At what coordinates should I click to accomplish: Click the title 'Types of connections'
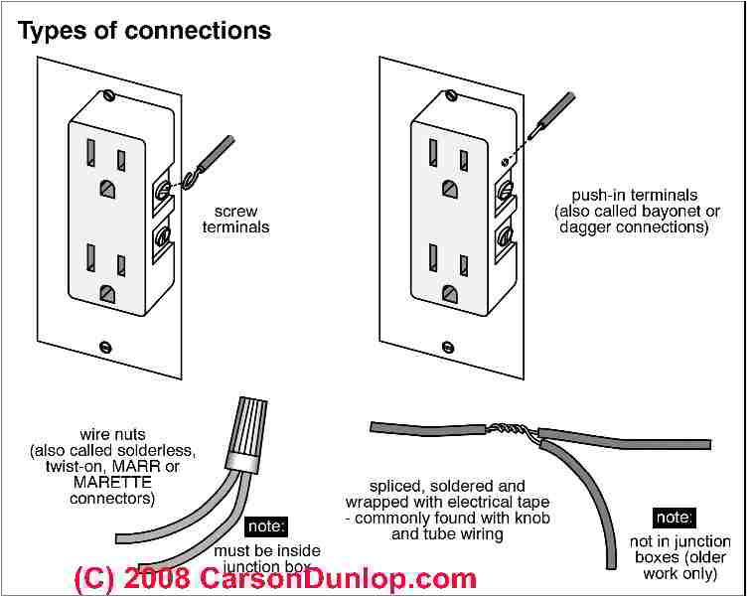[145, 31]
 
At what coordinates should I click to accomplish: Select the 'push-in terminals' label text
[635, 196]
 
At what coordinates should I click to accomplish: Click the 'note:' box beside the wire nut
[264, 526]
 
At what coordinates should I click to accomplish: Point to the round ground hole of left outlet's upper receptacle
[106, 185]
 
